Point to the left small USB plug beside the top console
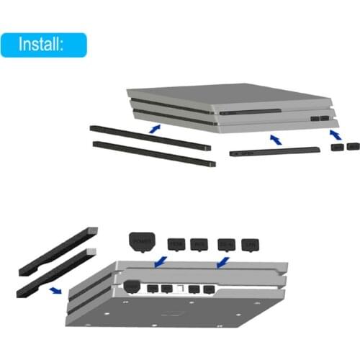[337, 147]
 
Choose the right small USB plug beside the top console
[351, 146]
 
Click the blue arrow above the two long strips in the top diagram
[152, 127]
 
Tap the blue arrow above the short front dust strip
[274, 137]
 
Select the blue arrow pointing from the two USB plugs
[334, 135]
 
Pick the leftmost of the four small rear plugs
[177, 245]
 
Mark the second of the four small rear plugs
[199, 245]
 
